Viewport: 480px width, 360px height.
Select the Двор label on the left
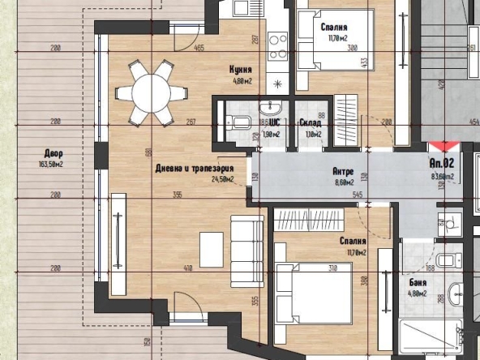click(x=54, y=153)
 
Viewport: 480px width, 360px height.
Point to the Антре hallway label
click(x=344, y=172)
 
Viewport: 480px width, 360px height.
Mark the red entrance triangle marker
click(x=442, y=146)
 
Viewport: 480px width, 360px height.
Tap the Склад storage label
click(x=310, y=123)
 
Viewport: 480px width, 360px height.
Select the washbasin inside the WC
click(x=269, y=109)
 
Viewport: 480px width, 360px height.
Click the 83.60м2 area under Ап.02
click(x=442, y=175)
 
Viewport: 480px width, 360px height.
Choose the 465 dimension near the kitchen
click(x=197, y=49)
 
